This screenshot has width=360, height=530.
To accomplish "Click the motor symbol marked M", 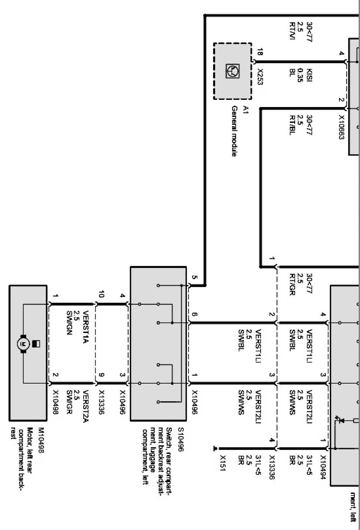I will [x=23, y=344].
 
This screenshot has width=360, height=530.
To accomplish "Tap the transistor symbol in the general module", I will [x=232, y=71].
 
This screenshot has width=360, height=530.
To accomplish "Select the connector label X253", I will [x=260, y=77].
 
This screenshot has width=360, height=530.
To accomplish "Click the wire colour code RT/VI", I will [x=292, y=31].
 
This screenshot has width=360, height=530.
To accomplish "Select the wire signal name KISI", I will [x=309, y=75].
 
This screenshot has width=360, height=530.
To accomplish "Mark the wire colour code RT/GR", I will [x=292, y=285].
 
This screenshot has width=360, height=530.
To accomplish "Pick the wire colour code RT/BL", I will [x=292, y=125].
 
